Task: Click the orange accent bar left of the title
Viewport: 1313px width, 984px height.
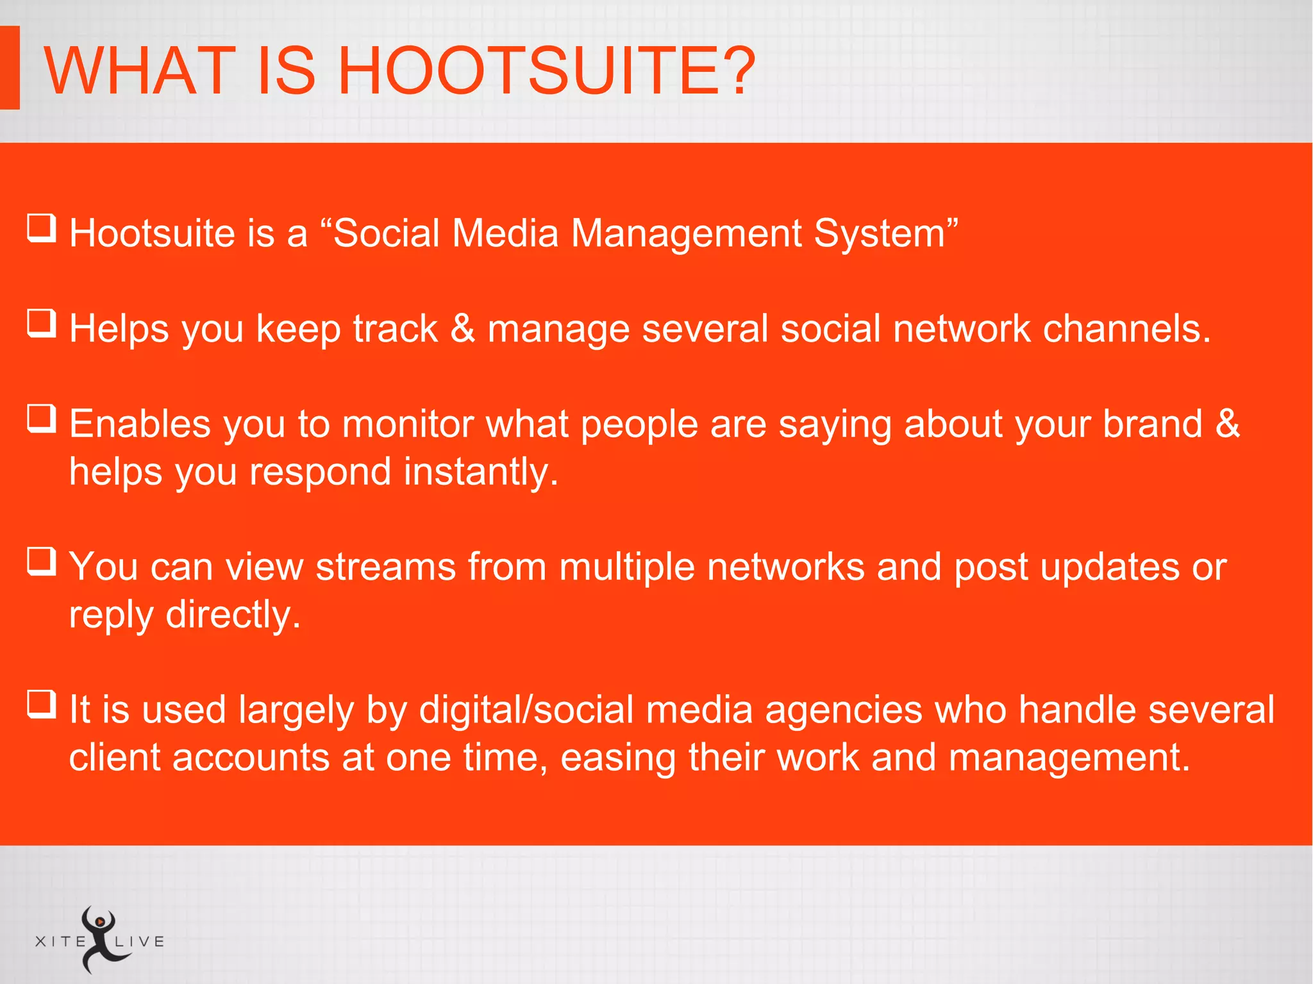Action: point(10,67)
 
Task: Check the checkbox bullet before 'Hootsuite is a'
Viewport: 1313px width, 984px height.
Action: point(42,229)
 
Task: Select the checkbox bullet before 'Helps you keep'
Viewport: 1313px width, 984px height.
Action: point(42,324)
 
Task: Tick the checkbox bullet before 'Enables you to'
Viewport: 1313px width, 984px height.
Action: point(42,419)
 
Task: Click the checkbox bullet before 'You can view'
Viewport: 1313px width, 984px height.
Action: point(42,562)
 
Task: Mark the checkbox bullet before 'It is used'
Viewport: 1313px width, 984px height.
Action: point(42,705)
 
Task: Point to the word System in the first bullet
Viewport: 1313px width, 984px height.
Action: point(880,233)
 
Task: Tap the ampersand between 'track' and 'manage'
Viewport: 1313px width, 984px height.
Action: point(462,328)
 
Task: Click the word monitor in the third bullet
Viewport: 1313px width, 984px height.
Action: point(408,424)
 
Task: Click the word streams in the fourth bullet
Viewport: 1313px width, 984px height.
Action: point(385,567)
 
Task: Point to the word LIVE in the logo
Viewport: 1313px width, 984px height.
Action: point(140,942)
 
